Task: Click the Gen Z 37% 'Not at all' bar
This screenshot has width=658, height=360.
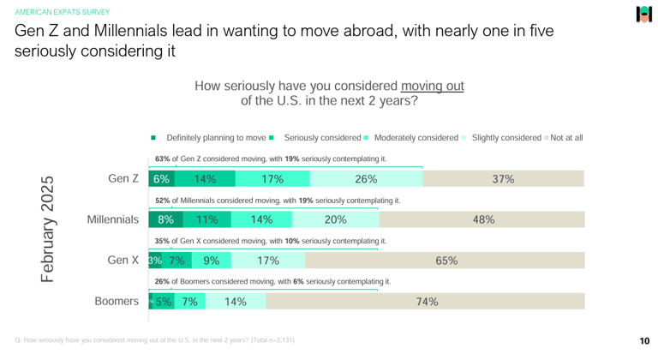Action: (503, 179)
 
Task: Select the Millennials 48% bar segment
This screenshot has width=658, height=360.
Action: (483, 219)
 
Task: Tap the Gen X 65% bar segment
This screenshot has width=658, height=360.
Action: (446, 261)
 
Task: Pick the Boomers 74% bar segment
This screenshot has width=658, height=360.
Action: (426, 301)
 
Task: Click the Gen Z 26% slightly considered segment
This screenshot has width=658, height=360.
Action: (366, 179)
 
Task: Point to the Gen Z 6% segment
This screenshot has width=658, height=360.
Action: (161, 179)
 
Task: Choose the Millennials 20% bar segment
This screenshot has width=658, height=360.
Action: (336, 219)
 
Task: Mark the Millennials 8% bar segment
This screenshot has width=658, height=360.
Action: (165, 219)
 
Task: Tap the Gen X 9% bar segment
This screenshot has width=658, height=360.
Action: (212, 261)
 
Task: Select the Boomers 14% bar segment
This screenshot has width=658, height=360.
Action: (235, 301)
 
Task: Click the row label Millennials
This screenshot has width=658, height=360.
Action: (112, 219)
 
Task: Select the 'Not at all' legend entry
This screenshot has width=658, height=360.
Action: (566, 137)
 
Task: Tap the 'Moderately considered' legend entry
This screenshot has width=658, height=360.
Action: (416, 137)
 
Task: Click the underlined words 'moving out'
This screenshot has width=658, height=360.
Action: (432, 86)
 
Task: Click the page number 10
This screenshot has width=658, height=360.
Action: (643, 340)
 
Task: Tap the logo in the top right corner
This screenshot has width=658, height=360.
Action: (643, 15)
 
